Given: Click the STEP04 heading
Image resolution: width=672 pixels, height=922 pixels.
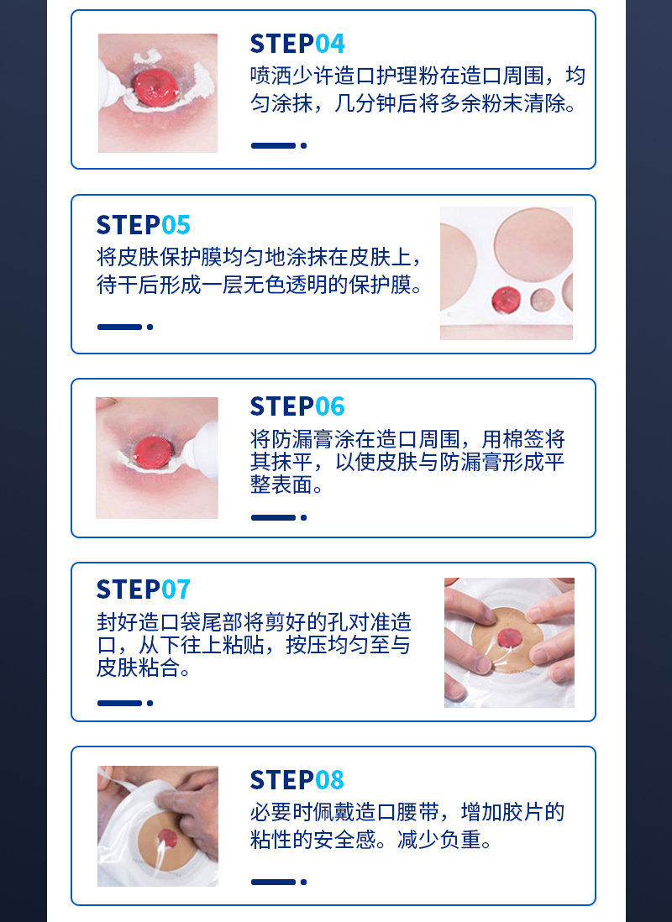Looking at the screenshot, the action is (x=297, y=45).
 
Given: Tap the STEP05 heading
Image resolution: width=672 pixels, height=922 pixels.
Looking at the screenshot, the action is (x=144, y=225).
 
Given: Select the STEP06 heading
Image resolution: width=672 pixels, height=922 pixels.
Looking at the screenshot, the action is (x=297, y=406).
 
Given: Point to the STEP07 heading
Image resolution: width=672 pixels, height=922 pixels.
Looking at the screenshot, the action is (x=144, y=589).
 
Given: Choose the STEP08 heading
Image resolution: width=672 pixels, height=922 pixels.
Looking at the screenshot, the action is (x=297, y=780).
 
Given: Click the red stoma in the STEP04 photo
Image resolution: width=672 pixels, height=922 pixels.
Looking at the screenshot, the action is (x=156, y=86).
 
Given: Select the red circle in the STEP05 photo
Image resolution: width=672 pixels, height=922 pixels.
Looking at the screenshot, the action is (x=506, y=299).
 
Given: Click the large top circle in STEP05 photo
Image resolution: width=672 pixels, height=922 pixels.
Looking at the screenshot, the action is (x=533, y=243).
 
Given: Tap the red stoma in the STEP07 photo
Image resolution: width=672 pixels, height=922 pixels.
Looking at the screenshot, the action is (x=509, y=637).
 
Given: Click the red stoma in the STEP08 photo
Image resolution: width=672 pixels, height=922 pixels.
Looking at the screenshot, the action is (x=168, y=836).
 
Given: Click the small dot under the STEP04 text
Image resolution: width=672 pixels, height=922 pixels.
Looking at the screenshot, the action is (x=303, y=145).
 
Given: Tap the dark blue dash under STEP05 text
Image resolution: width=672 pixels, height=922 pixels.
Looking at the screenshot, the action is (x=120, y=327).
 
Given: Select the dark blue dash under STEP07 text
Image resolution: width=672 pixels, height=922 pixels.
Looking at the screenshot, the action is (x=120, y=704).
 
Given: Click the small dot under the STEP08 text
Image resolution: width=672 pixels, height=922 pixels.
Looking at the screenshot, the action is (x=303, y=882).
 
